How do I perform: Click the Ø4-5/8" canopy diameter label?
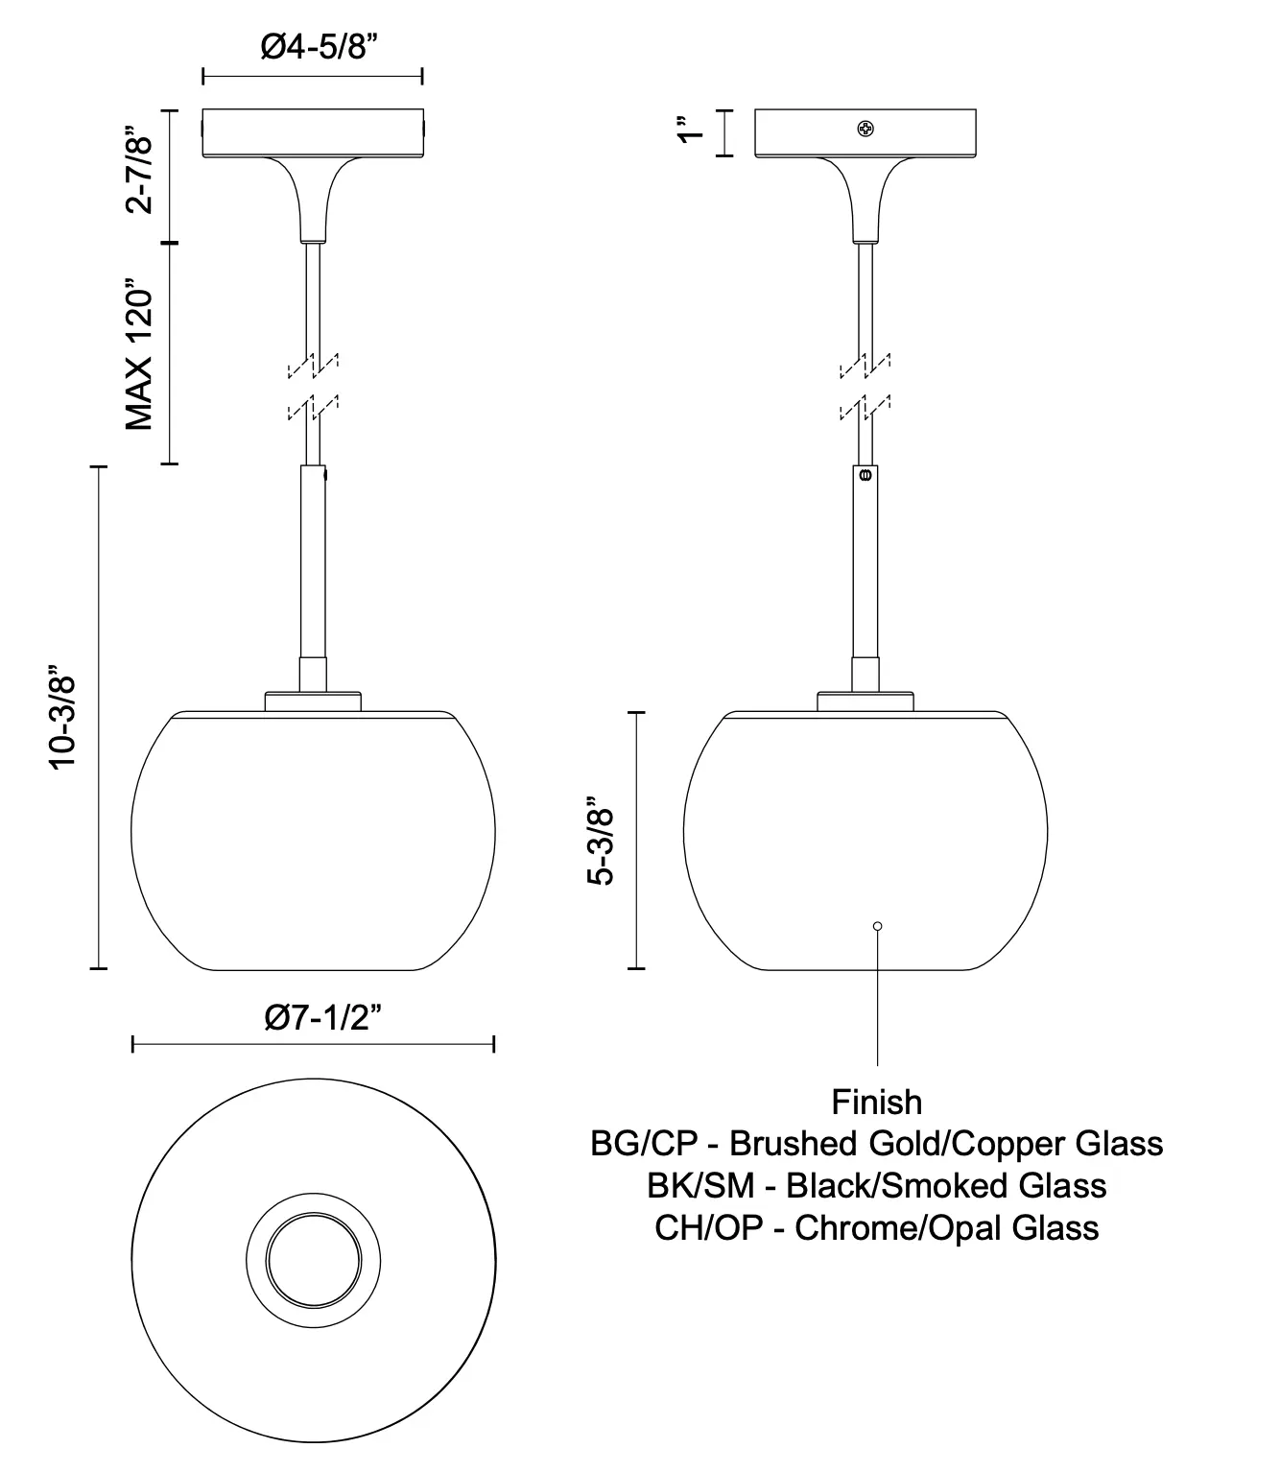tap(319, 47)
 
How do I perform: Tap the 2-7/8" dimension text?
tap(139, 170)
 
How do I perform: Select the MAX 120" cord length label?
tap(139, 354)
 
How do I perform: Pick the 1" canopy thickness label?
tap(690, 130)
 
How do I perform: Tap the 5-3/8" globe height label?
tap(601, 841)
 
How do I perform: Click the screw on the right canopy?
tap(865, 129)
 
